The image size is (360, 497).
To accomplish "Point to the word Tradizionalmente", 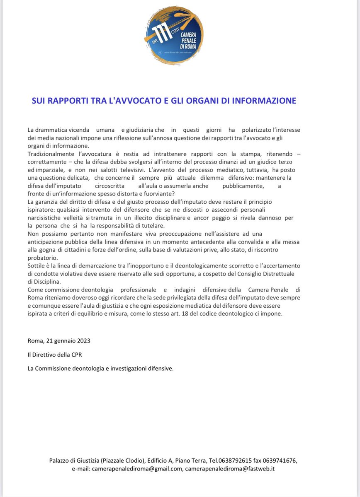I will coord(49,154).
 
